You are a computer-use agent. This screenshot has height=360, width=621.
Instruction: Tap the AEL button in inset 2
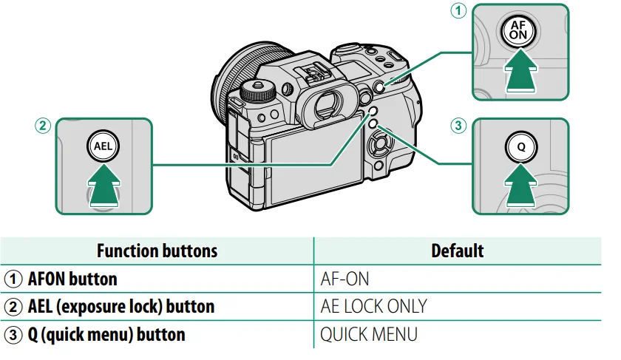[103, 146]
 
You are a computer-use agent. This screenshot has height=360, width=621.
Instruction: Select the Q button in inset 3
[520, 146]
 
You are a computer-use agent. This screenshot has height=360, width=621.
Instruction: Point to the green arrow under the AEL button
[103, 185]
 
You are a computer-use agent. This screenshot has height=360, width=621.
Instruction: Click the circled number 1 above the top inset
[460, 11]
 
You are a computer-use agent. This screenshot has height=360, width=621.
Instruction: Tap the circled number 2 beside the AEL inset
[44, 126]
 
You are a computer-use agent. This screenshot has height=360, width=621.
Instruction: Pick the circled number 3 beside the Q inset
[460, 126]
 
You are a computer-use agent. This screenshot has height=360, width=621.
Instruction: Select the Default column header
[457, 251]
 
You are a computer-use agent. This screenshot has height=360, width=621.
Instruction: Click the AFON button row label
[72, 279]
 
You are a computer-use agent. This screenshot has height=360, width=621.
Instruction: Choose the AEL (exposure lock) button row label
[121, 306]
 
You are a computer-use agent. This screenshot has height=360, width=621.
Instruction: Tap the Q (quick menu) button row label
[106, 334]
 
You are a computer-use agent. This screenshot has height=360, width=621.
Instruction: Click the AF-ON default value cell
[345, 279]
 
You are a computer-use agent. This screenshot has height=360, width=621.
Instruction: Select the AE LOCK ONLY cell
[373, 306]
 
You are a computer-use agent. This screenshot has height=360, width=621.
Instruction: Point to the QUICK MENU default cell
[368, 334]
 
